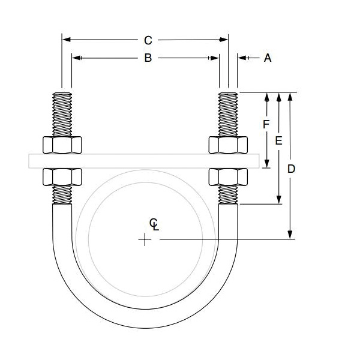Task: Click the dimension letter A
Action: (x=268, y=58)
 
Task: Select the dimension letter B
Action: (x=147, y=58)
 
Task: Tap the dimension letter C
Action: (x=148, y=40)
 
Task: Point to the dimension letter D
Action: (x=291, y=169)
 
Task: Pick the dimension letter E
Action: (x=278, y=141)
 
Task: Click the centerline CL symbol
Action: (x=154, y=224)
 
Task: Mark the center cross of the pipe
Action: (x=145, y=240)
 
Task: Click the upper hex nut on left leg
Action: (x=62, y=145)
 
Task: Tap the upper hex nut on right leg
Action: (x=227, y=145)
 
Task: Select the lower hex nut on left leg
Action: (x=62, y=176)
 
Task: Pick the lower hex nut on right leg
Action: (x=227, y=176)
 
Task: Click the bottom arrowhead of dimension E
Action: (x=279, y=200)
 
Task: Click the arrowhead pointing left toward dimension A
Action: (x=241, y=58)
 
